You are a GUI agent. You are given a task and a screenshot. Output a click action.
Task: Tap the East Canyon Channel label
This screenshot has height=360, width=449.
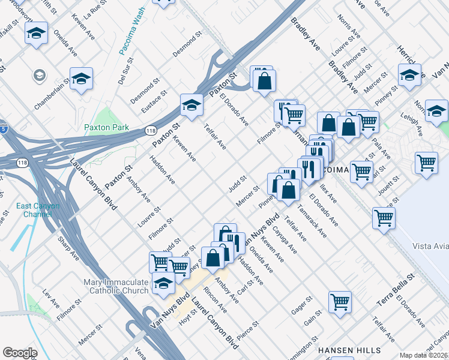tap(38, 210)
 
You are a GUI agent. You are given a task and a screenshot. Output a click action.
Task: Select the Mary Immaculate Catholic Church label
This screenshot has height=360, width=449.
tap(117, 286)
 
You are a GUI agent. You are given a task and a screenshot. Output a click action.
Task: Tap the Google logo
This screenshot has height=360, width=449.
tap(20, 353)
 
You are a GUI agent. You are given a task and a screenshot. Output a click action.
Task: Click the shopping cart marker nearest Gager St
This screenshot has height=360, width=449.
tap(340, 302)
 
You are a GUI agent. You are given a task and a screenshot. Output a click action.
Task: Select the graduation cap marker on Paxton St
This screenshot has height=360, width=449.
tap(191, 106)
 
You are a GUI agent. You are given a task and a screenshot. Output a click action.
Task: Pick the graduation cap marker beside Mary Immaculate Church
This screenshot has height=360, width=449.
tap(163, 284)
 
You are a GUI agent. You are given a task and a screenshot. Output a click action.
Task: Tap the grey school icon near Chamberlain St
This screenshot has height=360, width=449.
tap(40, 76)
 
